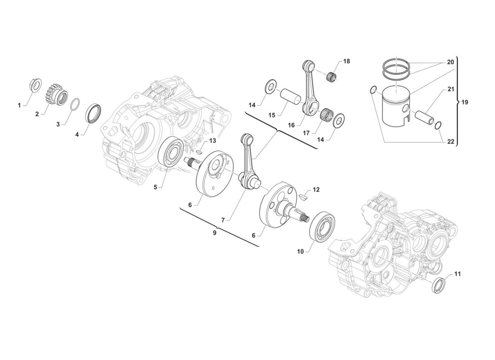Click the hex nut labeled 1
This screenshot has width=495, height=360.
click(34, 85)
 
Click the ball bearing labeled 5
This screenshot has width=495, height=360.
click(171, 153)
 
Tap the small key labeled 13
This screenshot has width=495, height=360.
click(198, 152)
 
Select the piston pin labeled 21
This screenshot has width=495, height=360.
click(423, 116)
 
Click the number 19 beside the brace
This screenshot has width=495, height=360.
click(465, 102)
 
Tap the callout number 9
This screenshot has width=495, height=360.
click(215, 233)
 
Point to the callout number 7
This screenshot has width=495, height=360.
click(223, 220)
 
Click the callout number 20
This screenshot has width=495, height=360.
click(450, 62)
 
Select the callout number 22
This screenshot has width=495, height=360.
click(450, 142)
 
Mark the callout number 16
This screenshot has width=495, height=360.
click(291, 125)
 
